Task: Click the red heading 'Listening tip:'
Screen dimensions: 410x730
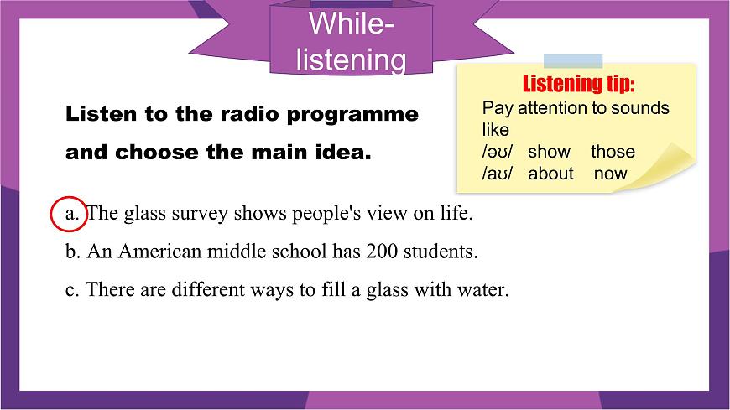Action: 578,85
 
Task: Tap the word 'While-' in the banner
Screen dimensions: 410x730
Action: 352,23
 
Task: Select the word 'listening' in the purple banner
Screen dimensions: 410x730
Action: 352,60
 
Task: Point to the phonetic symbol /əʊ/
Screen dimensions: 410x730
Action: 497,152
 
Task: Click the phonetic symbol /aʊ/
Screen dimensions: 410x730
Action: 497,174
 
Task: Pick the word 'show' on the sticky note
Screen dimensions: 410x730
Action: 549,152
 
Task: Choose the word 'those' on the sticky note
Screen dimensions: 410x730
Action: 613,152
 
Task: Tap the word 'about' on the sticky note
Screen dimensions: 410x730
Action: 550,174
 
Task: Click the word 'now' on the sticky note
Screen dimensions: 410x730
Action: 610,174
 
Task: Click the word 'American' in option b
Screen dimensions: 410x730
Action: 155,252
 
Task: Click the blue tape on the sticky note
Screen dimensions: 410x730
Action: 573,60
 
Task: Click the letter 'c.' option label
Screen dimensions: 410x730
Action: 72,290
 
